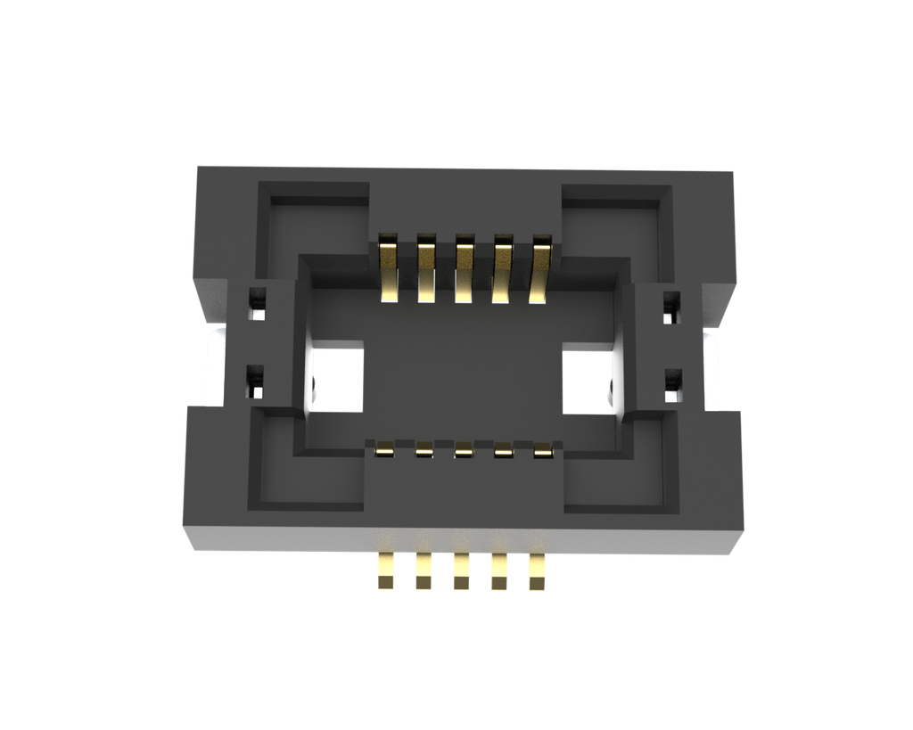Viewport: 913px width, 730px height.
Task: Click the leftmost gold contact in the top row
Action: coord(389,268)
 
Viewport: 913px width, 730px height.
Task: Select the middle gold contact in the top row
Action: coord(465,268)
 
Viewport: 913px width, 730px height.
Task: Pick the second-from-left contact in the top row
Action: coord(426,268)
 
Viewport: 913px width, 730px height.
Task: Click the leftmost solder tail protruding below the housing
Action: coord(386,570)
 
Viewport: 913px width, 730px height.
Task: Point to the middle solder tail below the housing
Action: coord(462,570)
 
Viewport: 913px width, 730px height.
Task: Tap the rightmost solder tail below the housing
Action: coord(538,570)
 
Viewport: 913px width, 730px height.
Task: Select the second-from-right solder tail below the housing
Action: coord(499,570)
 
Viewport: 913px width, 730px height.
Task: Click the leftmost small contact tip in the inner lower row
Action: coord(385,450)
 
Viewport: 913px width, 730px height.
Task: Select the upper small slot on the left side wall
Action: coord(257,304)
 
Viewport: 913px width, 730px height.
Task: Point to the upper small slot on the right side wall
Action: coord(671,307)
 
